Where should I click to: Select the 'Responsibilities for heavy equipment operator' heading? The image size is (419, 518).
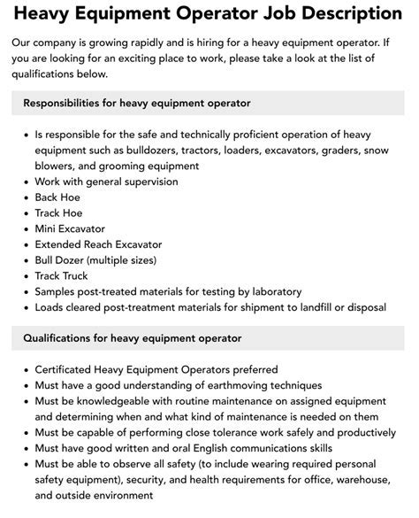tap(137, 104)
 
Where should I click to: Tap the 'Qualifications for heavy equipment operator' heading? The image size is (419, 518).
tap(132, 337)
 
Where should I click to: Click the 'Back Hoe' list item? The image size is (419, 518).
tap(57, 197)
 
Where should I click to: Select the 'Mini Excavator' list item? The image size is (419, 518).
tap(72, 228)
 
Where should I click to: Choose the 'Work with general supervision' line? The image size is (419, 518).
tap(106, 181)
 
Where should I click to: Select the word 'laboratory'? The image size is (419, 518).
tap(273, 291)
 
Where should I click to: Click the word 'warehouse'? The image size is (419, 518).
tap(362, 481)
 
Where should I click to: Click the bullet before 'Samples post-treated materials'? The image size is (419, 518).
tap(24, 291)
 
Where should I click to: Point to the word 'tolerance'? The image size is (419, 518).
tap(249, 433)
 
